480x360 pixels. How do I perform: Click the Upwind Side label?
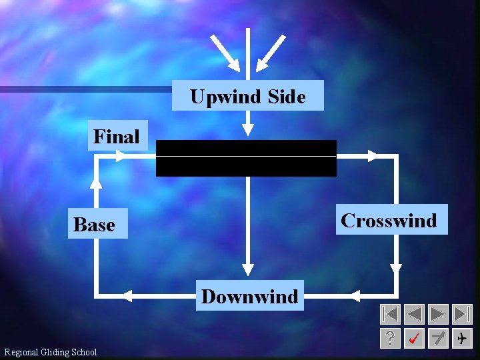[247, 96]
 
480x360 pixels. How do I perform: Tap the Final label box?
[117, 137]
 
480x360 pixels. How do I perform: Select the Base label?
[94, 225]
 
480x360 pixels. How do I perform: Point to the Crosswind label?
[389, 220]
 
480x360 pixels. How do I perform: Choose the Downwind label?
[249, 296]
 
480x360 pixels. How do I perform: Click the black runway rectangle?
[246, 158]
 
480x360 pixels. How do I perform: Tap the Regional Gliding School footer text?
[51, 352]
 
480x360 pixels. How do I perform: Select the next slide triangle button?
[438, 314]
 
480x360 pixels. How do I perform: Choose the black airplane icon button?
[461, 338]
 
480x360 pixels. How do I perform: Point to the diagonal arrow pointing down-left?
[271, 52]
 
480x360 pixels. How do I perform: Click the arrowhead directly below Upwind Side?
[247, 128]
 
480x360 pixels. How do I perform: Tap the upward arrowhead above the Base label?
[97, 181]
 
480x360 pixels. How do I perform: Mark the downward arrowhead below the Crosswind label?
[396, 268]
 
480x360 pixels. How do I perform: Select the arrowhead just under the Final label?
[119, 156]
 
